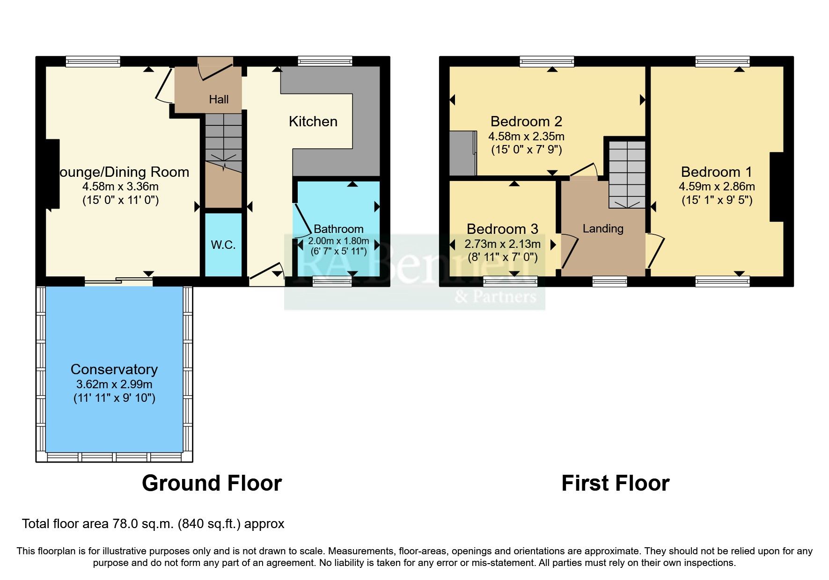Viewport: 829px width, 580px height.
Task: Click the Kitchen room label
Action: tap(313, 122)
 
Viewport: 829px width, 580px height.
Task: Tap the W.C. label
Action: tap(223, 245)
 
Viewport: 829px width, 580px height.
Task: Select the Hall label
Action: tap(219, 99)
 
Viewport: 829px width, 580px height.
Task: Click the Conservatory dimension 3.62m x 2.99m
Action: tap(114, 384)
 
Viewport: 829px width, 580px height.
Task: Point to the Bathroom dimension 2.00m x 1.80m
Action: tap(338, 241)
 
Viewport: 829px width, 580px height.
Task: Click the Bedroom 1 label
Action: tap(716, 172)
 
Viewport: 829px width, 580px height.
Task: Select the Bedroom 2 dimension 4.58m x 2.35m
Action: tap(526, 137)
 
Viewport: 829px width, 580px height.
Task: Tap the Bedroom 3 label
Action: tap(502, 229)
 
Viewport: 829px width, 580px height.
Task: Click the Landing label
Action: tap(603, 228)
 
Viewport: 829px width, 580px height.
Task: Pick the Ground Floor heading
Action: tap(212, 483)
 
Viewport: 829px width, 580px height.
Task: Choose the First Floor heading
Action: tap(615, 483)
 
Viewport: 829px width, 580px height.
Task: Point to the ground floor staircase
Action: tap(223, 140)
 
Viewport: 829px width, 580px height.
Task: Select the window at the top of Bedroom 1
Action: tap(722, 61)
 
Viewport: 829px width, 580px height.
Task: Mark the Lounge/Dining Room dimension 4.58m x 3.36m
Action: tap(121, 187)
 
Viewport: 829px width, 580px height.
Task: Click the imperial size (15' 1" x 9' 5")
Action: tap(717, 200)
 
